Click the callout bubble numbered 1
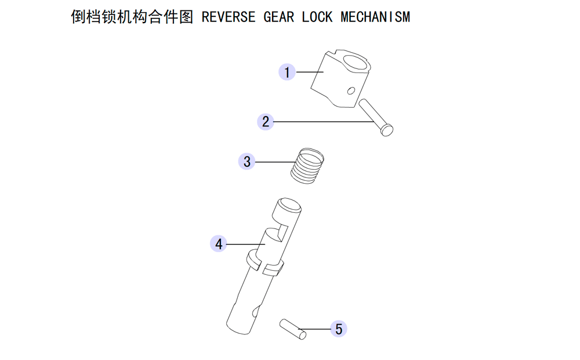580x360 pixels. (287, 72)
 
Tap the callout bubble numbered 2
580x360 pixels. (266, 122)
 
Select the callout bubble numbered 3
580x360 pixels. (246, 162)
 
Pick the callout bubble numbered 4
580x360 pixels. (219, 244)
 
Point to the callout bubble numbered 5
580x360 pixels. (339, 329)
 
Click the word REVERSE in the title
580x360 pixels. (228, 17)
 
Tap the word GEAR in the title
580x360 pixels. (278, 17)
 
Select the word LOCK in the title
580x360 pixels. (317, 17)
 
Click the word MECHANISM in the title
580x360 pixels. (375, 17)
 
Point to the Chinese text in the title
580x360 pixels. (132, 17)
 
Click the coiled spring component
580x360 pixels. (307, 166)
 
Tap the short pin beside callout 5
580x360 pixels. (293, 329)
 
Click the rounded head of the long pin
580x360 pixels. (387, 130)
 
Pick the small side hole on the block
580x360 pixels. (351, 90)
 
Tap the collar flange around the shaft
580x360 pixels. (265, 263)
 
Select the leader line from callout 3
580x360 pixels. (275, 162)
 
